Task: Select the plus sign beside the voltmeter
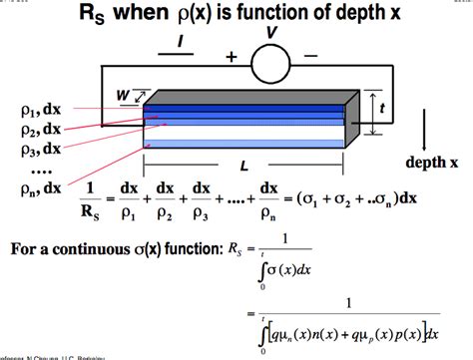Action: pyautogui.click(x=232, y=57)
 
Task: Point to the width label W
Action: pyautogui.click(x=123, y=96)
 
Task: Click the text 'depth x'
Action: pyautogui.click(x=431, y=161)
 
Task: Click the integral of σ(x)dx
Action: pyautogui.click(x=283, y=263)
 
